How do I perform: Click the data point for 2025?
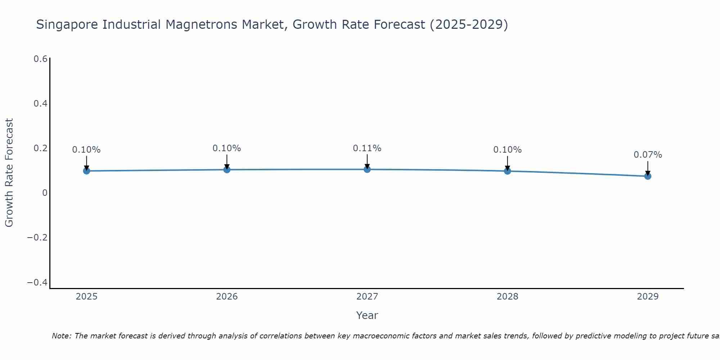[x=86, y=171]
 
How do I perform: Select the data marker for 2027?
[x=367, y=169]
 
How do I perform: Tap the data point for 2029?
[x=647, y=176]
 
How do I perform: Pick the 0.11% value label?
[x=367, y=148]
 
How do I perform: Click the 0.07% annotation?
[x=647, y=155]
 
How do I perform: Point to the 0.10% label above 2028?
[x=507, y=150]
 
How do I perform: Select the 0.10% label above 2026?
[x=226, y=148]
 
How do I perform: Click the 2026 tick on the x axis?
[x=227, y=297]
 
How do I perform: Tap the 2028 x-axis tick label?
[x=507, y=297]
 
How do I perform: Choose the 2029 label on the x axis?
[x=647, y=297]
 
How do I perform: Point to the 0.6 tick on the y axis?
[x=40, y=59]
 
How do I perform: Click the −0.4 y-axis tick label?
[x=37, y=283]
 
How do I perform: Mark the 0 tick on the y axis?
[x=45, y=193]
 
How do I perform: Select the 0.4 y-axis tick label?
[x=40, y=104]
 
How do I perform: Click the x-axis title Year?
[x=367, y=315]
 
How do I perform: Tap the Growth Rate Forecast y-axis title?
[x=9, y=173]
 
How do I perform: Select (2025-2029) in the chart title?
[x=469, y=25]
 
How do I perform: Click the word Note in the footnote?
[x=61, y=336]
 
